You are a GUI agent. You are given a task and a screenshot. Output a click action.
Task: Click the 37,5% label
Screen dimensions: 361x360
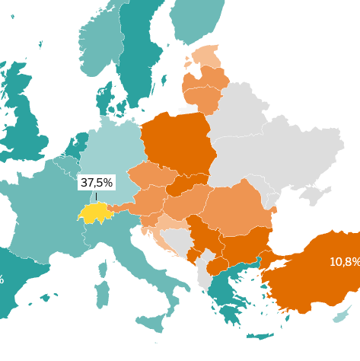pos(97,183)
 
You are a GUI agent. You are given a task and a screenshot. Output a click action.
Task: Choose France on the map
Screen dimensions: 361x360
pos(46,213)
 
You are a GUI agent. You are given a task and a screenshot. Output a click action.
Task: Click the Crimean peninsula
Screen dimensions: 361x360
pos(313,194)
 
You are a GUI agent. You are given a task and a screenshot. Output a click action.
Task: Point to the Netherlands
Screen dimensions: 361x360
pos(77,145)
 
